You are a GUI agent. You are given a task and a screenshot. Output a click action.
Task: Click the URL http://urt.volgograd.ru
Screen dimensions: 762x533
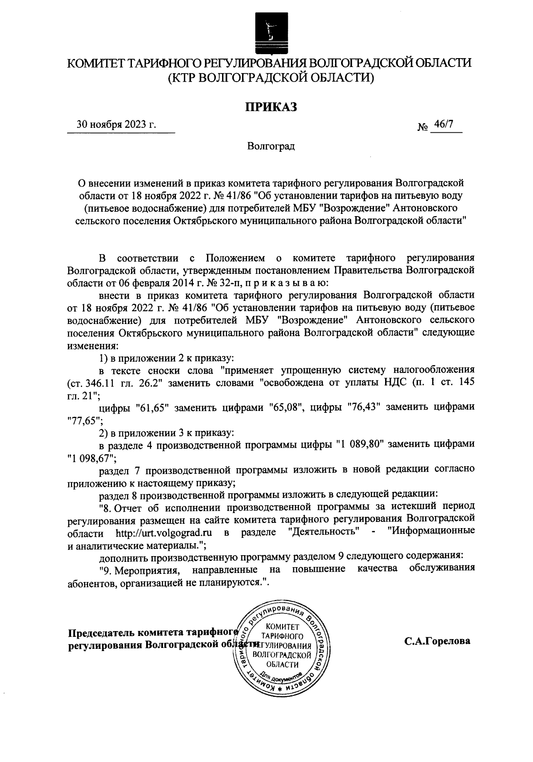pos(163,531)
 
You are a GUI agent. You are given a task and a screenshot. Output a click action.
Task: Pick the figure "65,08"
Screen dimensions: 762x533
pos(286,407)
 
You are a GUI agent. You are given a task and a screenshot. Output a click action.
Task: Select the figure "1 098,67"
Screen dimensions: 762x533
pos(91,457)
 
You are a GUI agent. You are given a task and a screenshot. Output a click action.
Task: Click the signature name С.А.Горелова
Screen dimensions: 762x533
pos(437,641)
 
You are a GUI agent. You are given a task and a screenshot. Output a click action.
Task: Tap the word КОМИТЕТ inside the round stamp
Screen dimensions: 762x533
pos(282,627)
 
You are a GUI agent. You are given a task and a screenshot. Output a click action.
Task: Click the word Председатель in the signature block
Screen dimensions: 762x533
pos(101,632)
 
